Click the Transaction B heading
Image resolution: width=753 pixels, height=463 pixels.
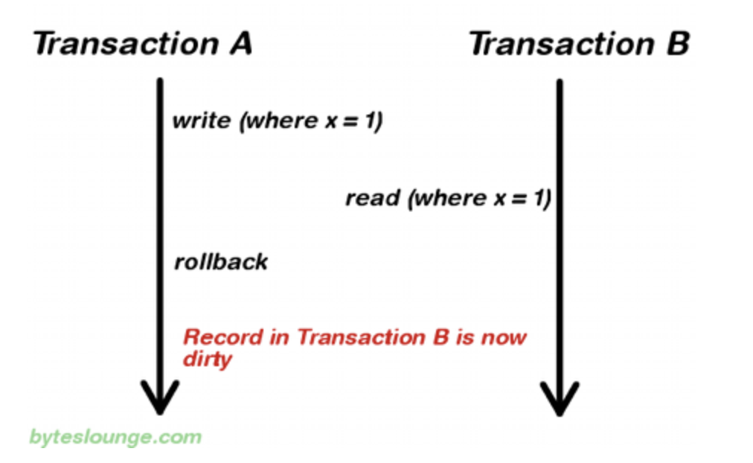tap(579, 44)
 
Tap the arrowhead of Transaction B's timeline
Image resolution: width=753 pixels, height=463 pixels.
tap(559, 397)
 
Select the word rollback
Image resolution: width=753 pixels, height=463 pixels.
tap(220, 262)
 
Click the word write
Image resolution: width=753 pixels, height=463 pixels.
tap(201, 121)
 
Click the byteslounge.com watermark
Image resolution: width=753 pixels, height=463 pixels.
tap(115, 436)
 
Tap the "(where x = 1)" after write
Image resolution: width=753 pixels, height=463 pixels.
tap(310, 121)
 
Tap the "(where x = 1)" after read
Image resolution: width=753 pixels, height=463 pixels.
tap(479, 198)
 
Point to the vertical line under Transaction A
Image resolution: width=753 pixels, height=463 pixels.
tap(159, 223)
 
